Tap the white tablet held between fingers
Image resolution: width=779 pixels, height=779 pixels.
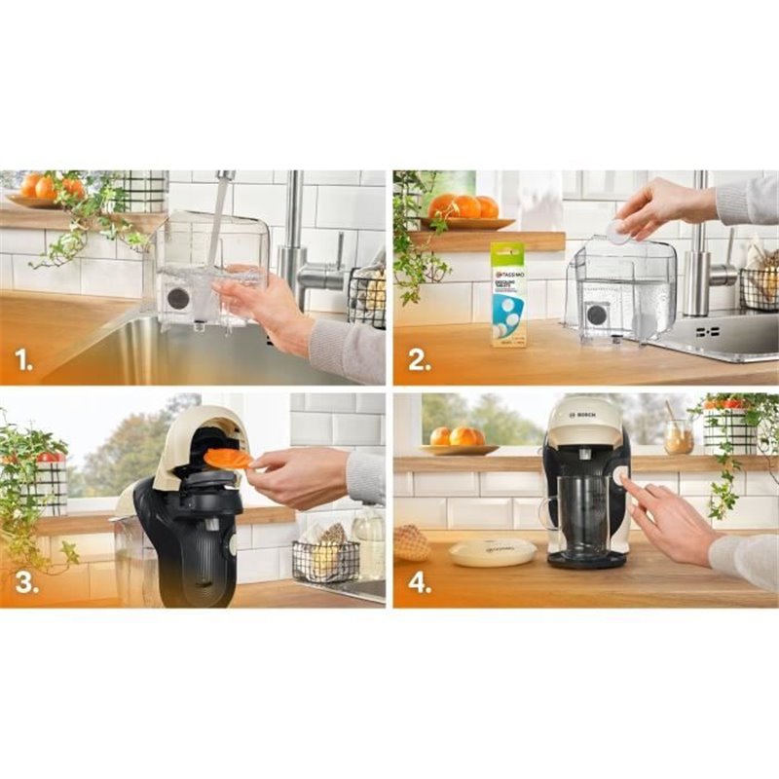[x=618, y=231]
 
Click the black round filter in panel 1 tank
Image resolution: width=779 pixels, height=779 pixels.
[x=177, y=298]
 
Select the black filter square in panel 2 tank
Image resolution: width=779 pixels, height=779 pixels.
[x=596, y=315]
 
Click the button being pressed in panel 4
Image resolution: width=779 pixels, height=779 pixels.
[x=619, y=474]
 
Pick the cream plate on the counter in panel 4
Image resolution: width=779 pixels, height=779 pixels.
[x=492, y=552]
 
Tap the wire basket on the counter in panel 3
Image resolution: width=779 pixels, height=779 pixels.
[x=324, y=560]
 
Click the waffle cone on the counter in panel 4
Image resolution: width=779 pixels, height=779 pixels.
[x=412, y=543]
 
